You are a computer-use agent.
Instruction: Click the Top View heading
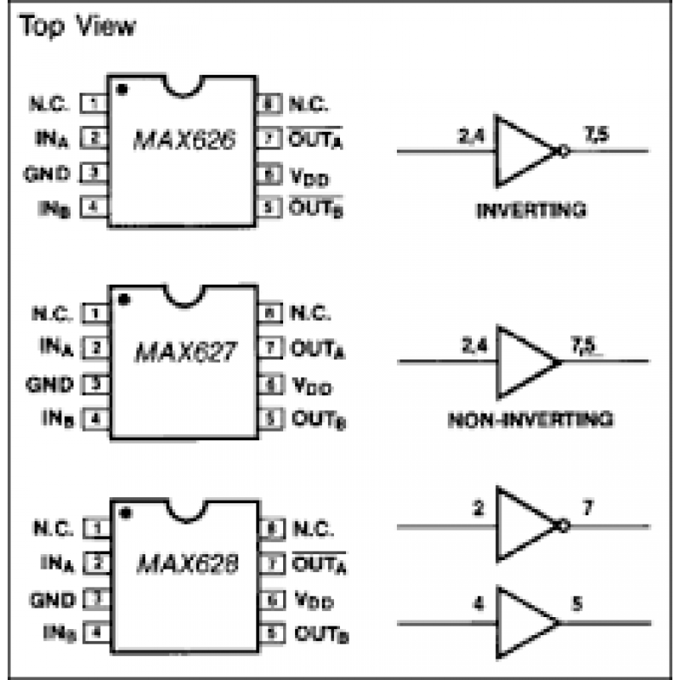click(77, 26)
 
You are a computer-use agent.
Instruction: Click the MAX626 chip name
click(184, 140)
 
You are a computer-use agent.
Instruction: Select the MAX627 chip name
click(184, 352)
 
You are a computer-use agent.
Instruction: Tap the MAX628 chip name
click(185, 564)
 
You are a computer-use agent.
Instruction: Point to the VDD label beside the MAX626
click(310, 178)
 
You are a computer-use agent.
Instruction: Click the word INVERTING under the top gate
click(531, 209)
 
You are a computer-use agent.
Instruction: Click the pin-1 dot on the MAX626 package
click(123, 88)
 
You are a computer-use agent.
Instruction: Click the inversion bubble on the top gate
click(562, 151)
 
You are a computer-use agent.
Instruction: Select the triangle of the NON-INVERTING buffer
click(523, 362)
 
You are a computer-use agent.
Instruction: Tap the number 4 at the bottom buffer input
click(479, 607)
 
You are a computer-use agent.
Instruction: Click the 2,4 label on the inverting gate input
click(467, 133)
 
